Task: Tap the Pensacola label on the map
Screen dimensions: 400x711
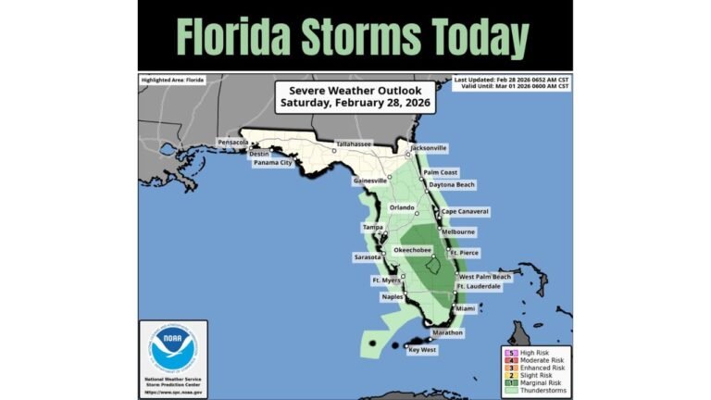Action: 232,143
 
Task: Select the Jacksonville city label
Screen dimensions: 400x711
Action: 429,147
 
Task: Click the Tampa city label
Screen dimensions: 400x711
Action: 372,227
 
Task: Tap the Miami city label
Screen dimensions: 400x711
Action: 465,307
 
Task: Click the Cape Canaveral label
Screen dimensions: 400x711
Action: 465,212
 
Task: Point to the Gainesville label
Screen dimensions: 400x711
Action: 369,181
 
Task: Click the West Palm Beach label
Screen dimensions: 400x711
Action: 485,277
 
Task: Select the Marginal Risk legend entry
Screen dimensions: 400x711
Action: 540,381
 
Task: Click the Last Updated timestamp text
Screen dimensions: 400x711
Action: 511,80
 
